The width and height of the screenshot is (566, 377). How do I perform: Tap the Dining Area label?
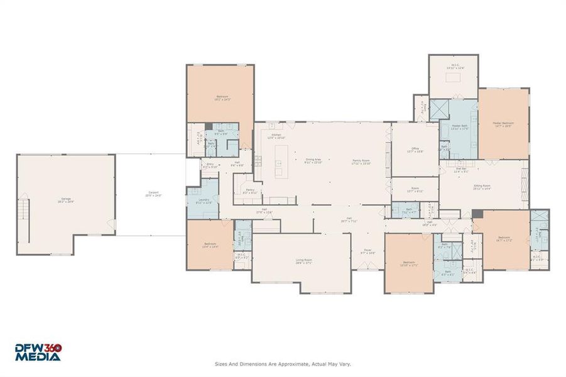(x=313, y=160)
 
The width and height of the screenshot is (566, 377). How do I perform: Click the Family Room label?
(x=362, y=160)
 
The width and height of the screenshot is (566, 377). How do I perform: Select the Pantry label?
(x=250, y=190)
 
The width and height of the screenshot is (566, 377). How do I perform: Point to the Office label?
(x=415, y=150)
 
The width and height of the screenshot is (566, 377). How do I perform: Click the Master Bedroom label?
(x=503, y=124)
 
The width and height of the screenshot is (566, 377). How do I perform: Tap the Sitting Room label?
(x=482, y=186)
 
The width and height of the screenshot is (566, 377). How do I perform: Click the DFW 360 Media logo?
(x=38, y=352)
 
